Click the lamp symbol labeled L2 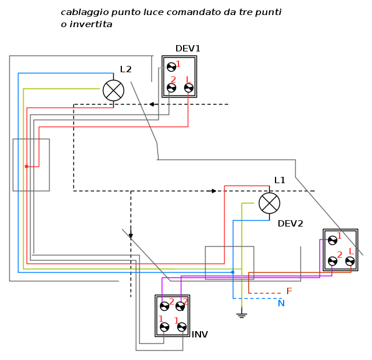coord(113,90)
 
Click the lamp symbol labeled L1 coord(269,203)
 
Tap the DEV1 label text coord(188,49)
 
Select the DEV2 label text coord(290,224)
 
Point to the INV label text coord(199,335)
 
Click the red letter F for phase coord(289,291)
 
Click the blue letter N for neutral coord(281,303)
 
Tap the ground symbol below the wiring coord(241,315)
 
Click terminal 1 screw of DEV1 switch coord(171,67)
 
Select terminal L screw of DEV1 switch coord(188,88)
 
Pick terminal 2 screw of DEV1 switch coord(171,88)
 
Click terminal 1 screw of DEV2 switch coord(332,240)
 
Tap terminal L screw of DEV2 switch coord(349,261)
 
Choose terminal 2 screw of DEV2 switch coord(332,261)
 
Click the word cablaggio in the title coord(81,12)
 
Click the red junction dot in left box coord(26,166)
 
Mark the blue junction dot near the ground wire coord(233,272)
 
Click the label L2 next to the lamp coord(126,69)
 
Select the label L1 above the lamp coord(280,180)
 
